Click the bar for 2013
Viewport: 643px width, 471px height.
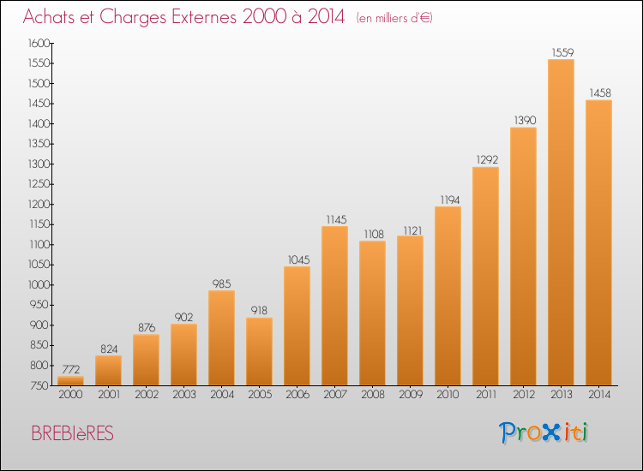coord(561,223)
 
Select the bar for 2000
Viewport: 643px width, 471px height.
coord(70,381)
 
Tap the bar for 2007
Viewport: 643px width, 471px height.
coord(334,306)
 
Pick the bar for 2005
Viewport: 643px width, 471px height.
coord(259,351)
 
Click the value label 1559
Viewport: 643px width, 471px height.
coord(562,52)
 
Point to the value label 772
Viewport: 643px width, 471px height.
coord(71,369)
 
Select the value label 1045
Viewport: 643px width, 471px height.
coord(298,260)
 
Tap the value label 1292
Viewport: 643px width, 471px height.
coord(487,160)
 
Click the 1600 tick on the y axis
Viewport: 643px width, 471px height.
coord(39,43)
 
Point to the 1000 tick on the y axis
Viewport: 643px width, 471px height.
coord(39,284)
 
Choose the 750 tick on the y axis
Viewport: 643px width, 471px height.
coord(39,386)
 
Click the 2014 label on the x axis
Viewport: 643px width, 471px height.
coord(599,395)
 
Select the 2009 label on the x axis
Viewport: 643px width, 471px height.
coord(411,395)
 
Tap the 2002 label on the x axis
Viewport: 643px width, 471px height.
coord(147,395)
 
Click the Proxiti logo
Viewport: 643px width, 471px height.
coord(544,432)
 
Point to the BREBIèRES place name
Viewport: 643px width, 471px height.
coord(73,433)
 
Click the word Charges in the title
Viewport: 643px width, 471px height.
coord(132,17)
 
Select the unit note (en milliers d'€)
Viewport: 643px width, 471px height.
coord(394,18)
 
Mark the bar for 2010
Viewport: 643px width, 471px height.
coord(448,296)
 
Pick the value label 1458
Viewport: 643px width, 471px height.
coord(600,93)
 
